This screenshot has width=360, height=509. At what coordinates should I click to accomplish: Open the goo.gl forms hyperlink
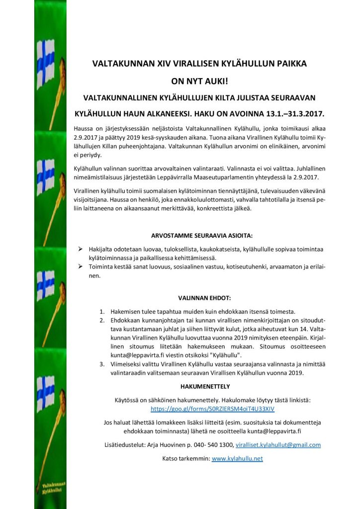213,409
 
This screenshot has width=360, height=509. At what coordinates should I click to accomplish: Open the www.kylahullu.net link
237,458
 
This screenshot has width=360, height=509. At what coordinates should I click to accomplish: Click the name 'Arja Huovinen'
165,445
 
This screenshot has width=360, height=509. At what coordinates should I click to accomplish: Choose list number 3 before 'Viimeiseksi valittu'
102,365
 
